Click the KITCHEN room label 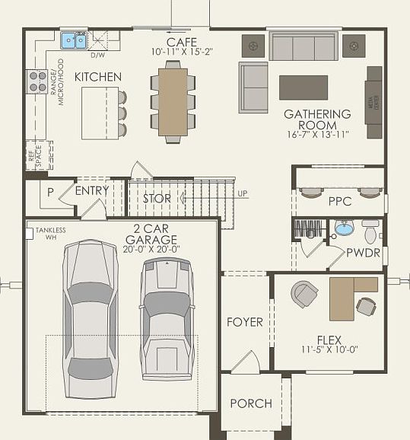click(x=98, y=77)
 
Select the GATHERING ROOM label click(x=317, y=120)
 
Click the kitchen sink click(x=74, y=39)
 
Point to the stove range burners click(x=34, y=81)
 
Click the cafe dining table click(x=173, y=101)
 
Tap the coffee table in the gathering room click(x=304, y=88)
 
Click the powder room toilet click(x=370, y=231)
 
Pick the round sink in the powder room click(x=344, y=229)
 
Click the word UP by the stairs click(x=242, y=193)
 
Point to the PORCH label click(x=250, y=403)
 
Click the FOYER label click(x=244, y=322)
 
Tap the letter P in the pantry click(x=50, y=193)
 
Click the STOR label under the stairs click(x=157, y=199)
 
